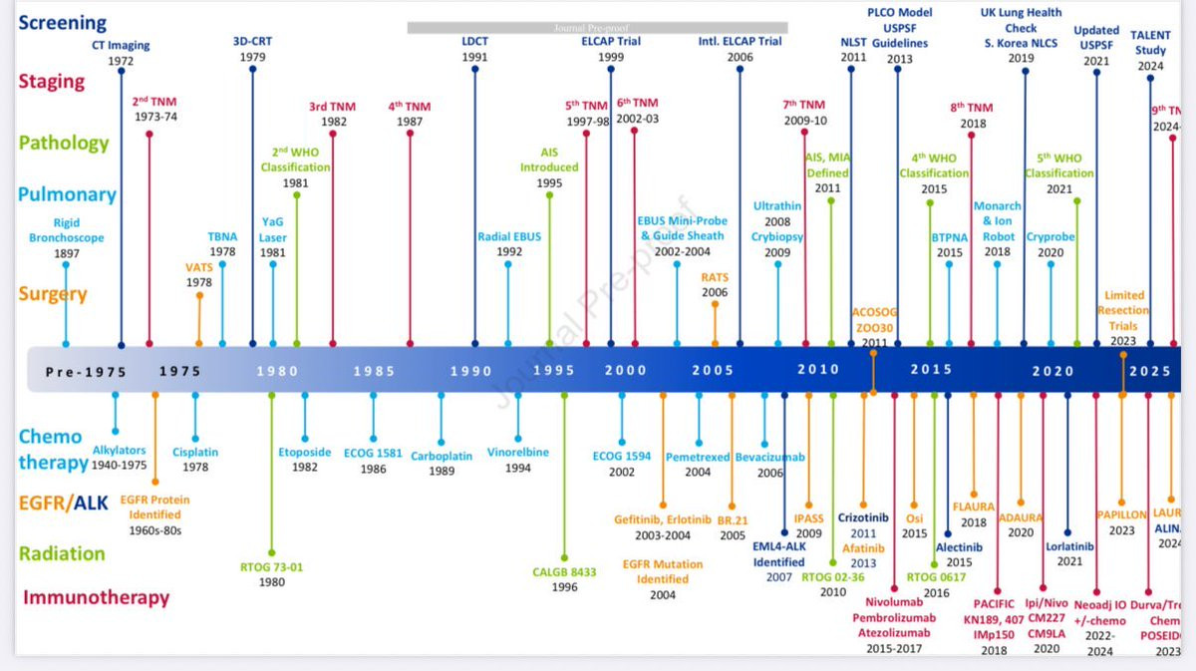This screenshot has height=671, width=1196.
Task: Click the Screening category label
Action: (62, 22)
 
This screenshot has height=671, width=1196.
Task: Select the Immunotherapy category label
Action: (96, 598)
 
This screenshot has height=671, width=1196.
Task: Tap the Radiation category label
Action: (62, 553)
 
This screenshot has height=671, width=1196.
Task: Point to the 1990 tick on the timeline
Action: (470, 371)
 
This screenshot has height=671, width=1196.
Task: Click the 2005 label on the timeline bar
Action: (713, 371)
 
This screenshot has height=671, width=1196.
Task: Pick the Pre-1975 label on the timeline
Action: (87, 371)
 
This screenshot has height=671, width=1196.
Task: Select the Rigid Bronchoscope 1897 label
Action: (67, 238)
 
